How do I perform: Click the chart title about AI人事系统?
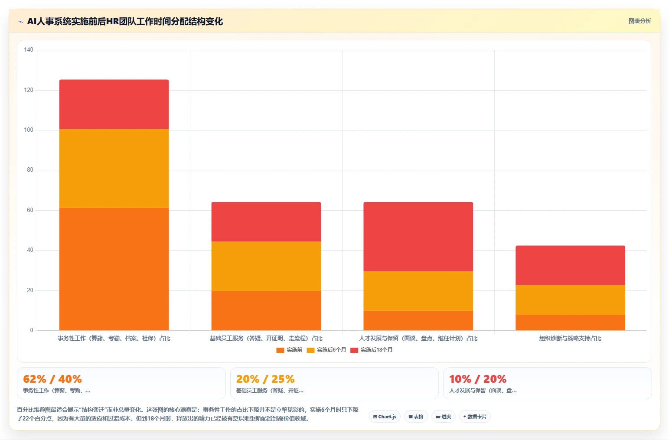(x=125, y=22)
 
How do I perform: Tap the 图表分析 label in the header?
(x=640, y=21)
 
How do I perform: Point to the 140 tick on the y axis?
(x=29, y=49)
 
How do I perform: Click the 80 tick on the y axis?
(x=30, y=169)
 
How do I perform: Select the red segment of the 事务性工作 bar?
(x=114, y=104)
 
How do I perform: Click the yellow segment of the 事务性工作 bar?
(x=114, y=168)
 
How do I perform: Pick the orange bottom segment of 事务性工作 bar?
(x=114, y=269)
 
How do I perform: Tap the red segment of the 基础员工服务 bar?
(x=266, y=222)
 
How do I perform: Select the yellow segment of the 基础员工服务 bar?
(x=266, y=266)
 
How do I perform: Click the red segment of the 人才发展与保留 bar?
(x=418, y=237)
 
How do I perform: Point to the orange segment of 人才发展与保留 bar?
(x=418, y=320)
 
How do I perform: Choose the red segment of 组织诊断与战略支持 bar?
(x=570, y=265)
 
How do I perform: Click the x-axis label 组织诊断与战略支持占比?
(x=570, y=338)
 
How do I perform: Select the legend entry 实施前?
(x=289, y=350)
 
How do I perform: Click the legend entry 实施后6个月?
(x=326, y=350)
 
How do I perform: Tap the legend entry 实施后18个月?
(x=372, y=350)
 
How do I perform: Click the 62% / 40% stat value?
(x=52, y=379)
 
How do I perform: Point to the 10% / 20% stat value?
(x=478, y=379)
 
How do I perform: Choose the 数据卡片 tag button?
(x=475, y=417)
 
